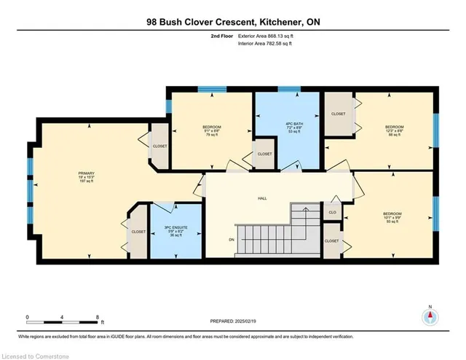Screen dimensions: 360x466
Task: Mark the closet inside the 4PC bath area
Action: [x=264, y=154]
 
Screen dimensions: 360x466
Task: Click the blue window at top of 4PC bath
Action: [x=287, y=90]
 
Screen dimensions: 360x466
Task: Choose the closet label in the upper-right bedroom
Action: [x=339, y=114]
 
